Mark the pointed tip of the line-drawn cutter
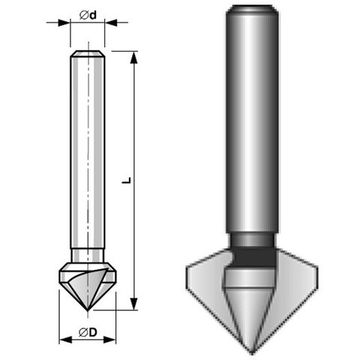[x=88, y=308]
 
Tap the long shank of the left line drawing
[x=88, y=150]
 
